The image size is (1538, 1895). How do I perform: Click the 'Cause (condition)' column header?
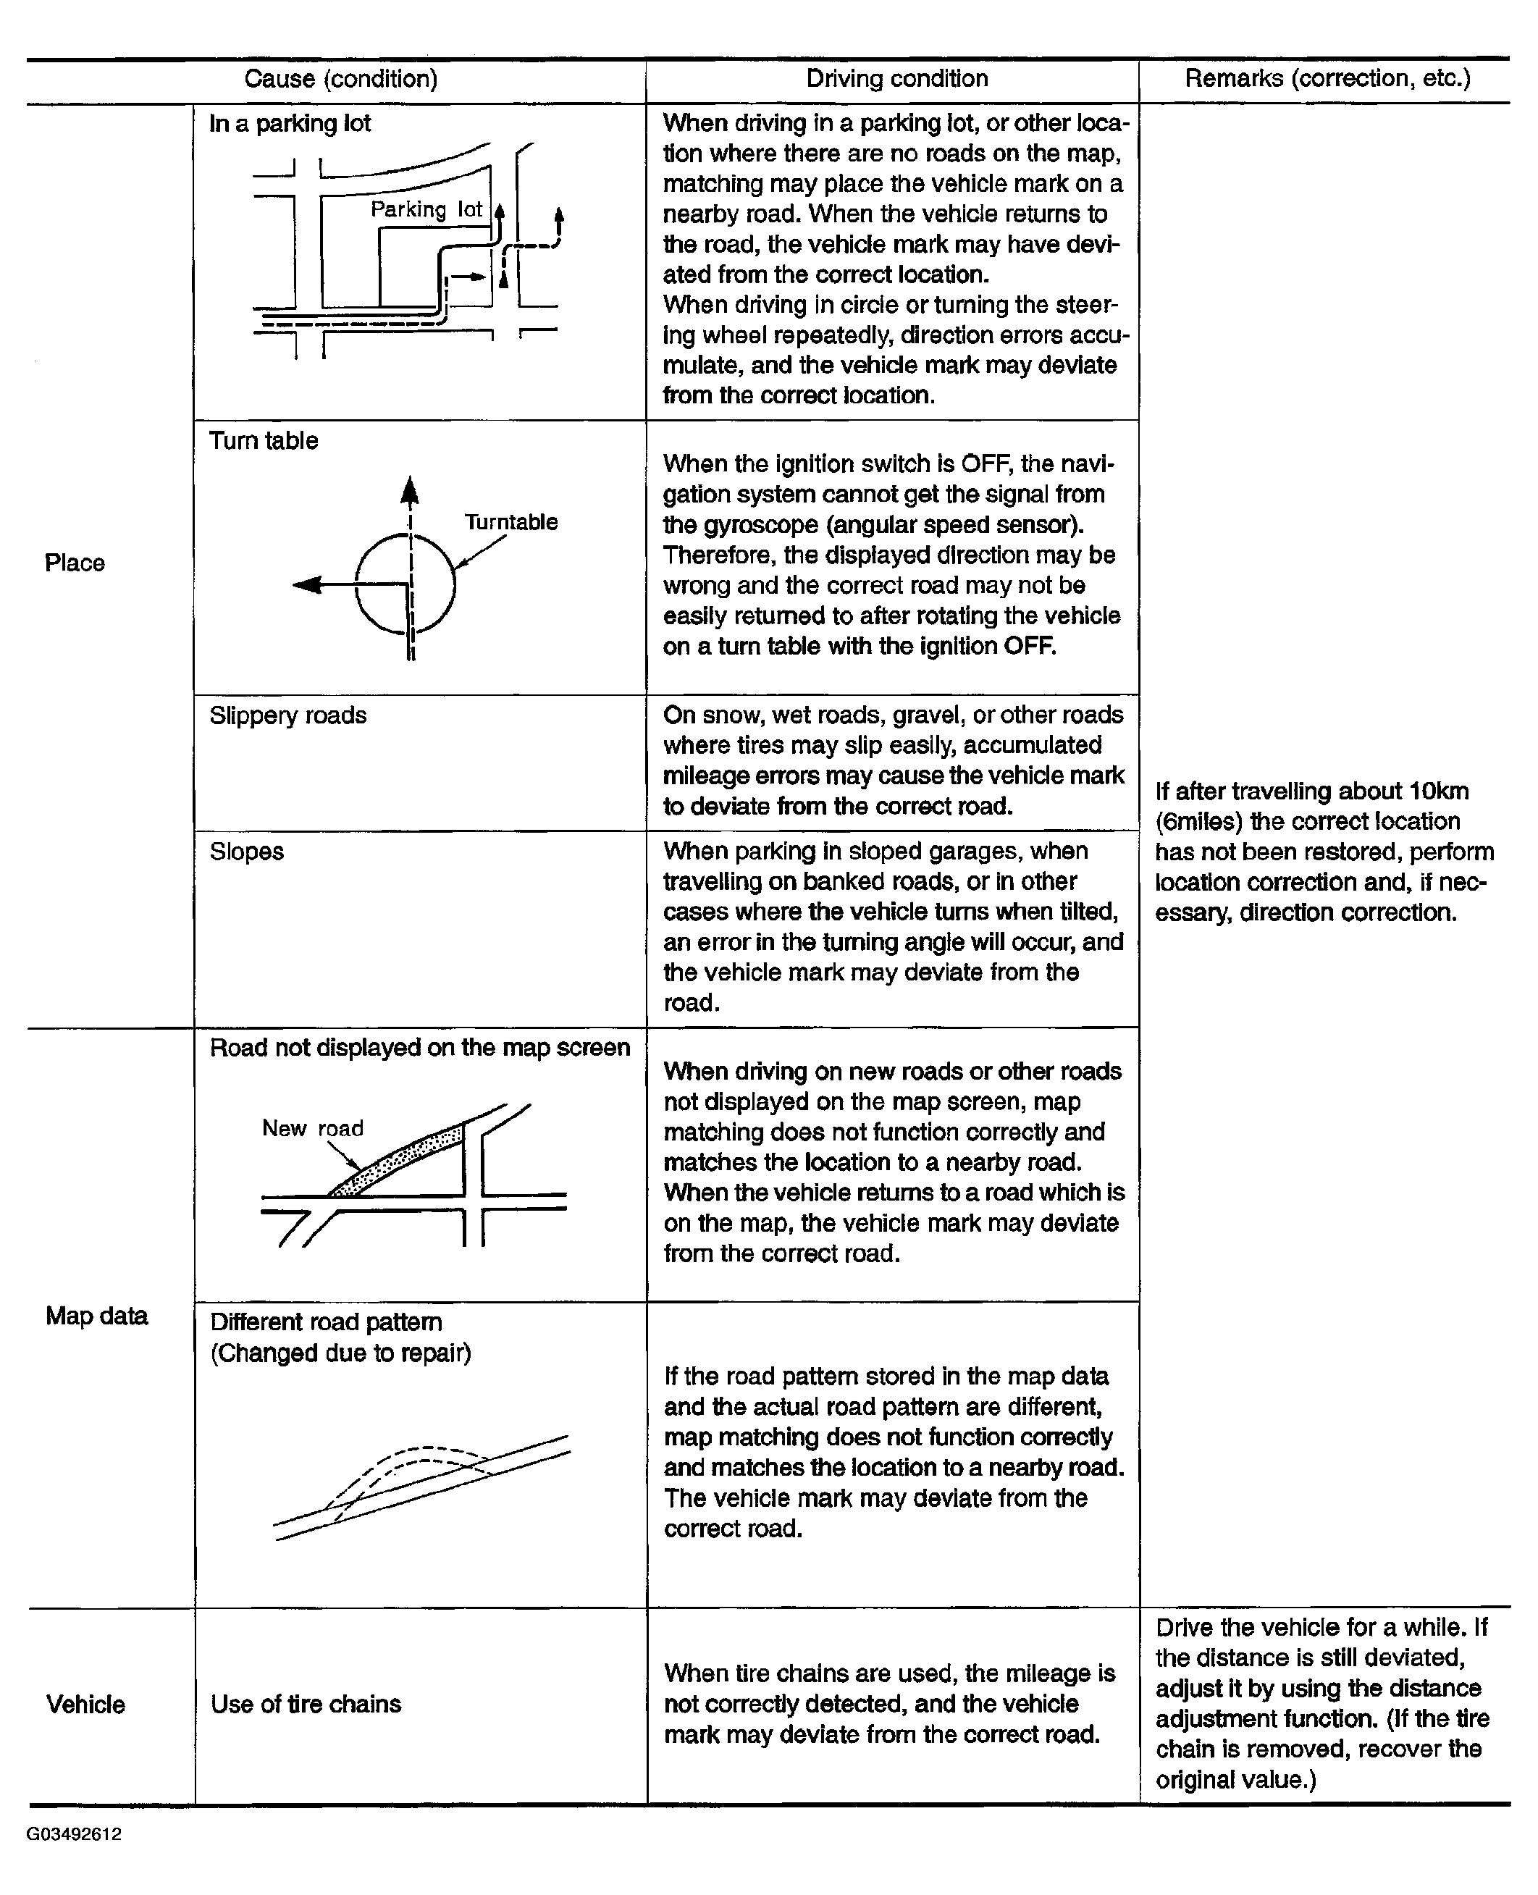340,79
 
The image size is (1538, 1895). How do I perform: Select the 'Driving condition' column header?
896,79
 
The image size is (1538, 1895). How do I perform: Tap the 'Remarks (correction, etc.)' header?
1327,79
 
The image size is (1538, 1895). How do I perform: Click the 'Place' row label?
75,563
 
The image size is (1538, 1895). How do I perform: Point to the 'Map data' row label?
96,1316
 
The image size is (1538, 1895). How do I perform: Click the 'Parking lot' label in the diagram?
426,209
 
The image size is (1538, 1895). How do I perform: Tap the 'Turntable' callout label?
511,522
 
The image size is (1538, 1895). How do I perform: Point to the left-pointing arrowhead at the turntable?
306,584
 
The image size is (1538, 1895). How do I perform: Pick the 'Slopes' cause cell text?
246,852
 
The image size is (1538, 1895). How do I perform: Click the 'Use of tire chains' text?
306,1704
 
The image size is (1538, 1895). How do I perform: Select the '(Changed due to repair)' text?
340,1353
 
